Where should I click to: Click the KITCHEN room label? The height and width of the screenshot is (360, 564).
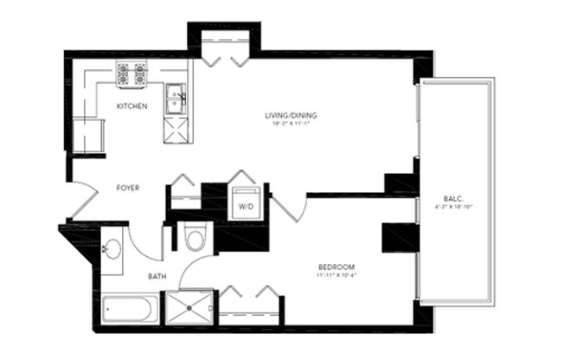point(132,106)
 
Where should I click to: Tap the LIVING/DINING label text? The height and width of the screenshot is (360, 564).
point(288,114)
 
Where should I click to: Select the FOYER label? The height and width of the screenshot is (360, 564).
point(127,188)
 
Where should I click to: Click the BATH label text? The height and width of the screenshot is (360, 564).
point(157,277)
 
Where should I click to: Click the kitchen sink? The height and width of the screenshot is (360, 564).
point(176,97)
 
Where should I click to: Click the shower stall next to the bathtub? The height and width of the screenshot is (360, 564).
point(188,306)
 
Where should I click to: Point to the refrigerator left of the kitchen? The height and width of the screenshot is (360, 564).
point(87,134)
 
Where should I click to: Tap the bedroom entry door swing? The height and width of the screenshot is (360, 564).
point(291,209)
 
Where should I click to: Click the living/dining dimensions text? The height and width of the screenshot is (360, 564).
point(288,124)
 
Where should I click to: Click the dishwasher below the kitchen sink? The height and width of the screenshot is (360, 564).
point(176,129)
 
